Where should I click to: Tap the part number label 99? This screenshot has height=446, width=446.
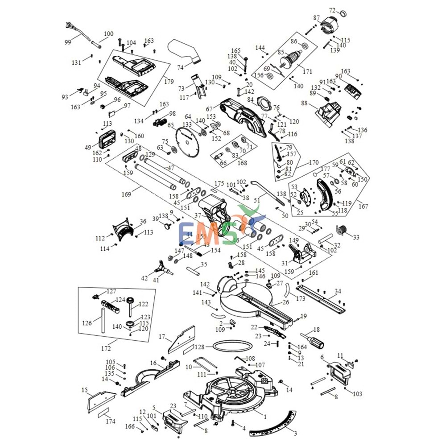pyautogui.click(x=68, y=42)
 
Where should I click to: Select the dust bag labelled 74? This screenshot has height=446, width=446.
pyautogui.click(x=185, y=51)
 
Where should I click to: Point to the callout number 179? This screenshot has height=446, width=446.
pyautogui.click(x=168, y=81)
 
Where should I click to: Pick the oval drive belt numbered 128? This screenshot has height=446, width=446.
pyautogui.click(x=231, y=346)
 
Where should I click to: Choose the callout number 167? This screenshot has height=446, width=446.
pyautogui.click(x=363, y=206)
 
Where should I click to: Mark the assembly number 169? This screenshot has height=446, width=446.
pyautogui.click(x=126, y=194)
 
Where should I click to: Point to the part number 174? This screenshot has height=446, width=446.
pyautogui.click(x=110, y=421)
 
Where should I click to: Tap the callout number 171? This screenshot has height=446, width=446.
pyautogui.click(x=307, y=71)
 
